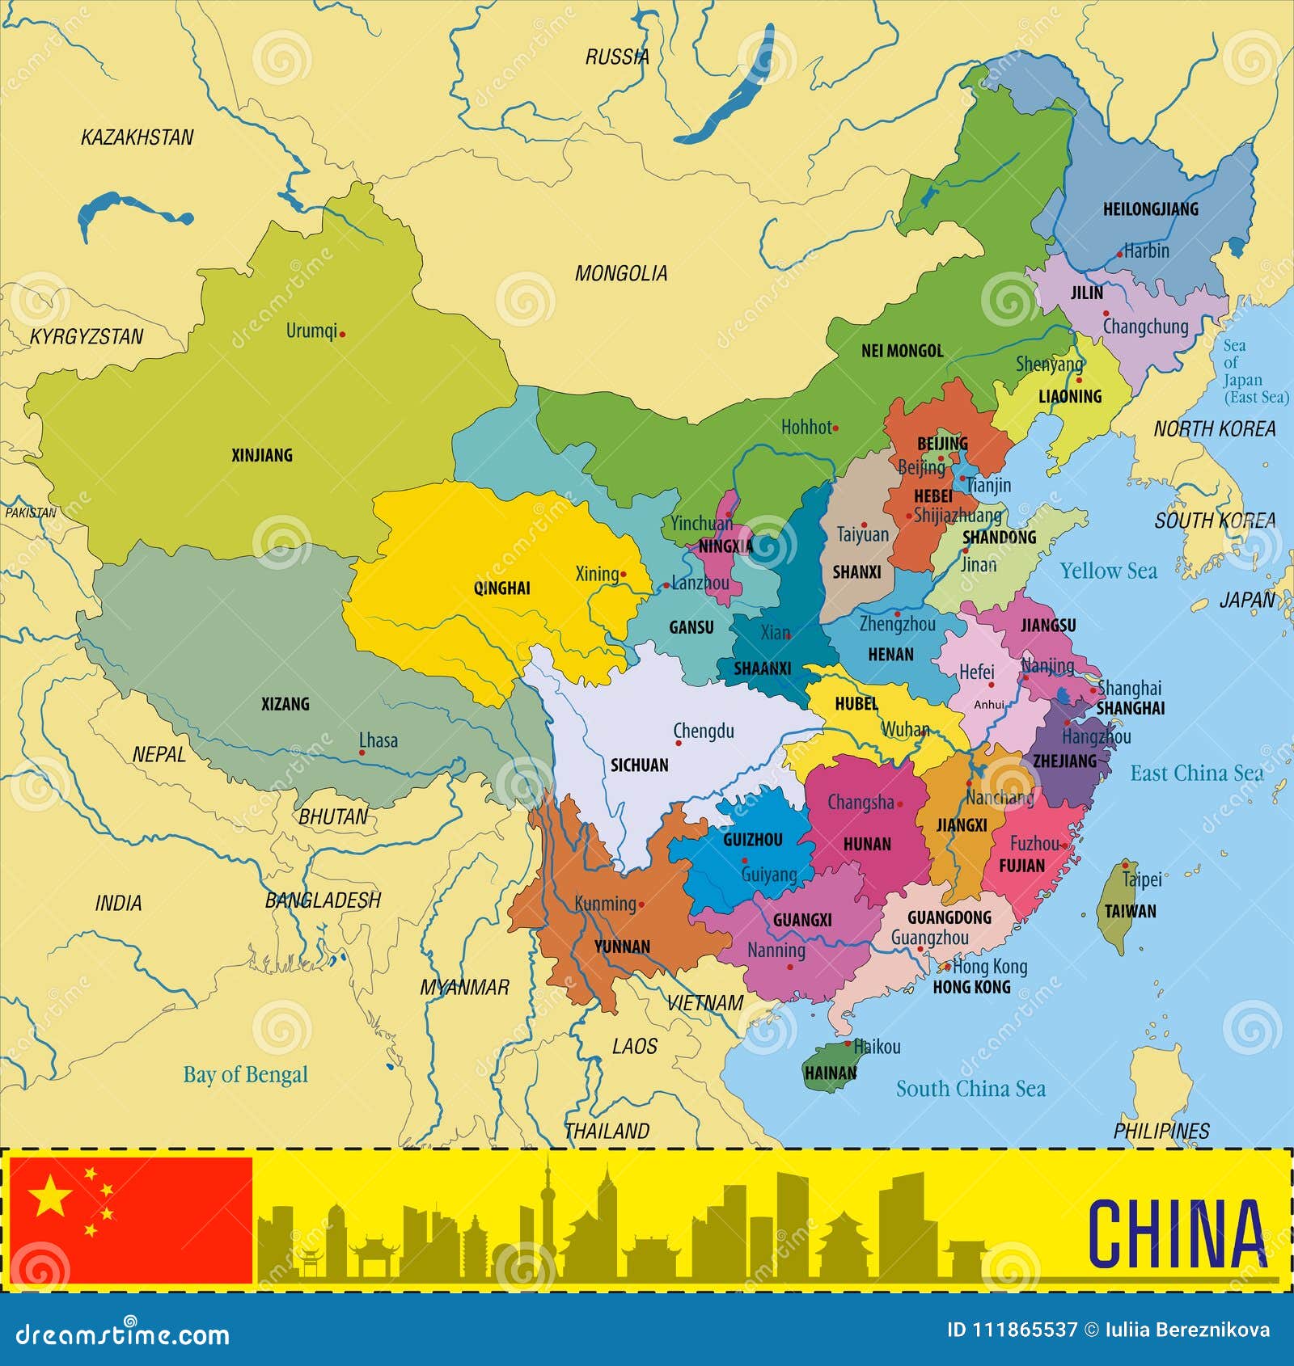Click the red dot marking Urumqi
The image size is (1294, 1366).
(x=342, y=334)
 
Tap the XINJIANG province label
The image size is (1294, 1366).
(x=262, y=455)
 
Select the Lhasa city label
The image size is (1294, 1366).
(x=378, y=740)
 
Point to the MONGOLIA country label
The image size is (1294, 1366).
(x=621, y=274)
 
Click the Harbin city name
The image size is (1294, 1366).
(x=1146, y=251)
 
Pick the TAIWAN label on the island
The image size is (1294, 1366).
(x=1130, y=911)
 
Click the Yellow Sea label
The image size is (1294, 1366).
(x=1108, y=571)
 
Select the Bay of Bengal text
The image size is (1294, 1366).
(x=246, y=1074)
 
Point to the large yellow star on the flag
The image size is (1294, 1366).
(x=50, y=1195)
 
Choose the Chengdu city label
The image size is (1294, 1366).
(x=704, y=731)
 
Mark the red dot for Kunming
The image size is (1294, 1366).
(x=642, y=904)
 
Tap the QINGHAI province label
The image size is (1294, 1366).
(x=502, y=588)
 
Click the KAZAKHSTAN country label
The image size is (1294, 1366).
(x=137, y=137)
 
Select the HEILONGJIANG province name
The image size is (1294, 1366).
(x=1150, y=209)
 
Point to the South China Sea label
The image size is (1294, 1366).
(x=970, y=1089)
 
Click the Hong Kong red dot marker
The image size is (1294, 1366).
(x=947, y=967)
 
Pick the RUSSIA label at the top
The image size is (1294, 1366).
(x=617, y=57)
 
